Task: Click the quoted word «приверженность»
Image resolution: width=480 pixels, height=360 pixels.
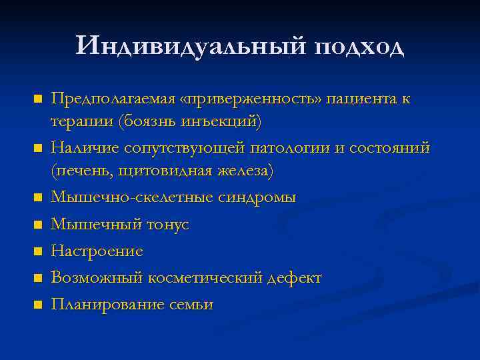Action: pyautogui.click(x=250, y=99)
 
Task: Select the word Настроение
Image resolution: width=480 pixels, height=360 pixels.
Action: pyautogui.click(x=97, y=251)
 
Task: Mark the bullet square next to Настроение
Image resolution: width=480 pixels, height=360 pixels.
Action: pyautogui.click(x=37, y=251)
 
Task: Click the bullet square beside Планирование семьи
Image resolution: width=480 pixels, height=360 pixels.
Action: pyautogui.click(x=37, y=305)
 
